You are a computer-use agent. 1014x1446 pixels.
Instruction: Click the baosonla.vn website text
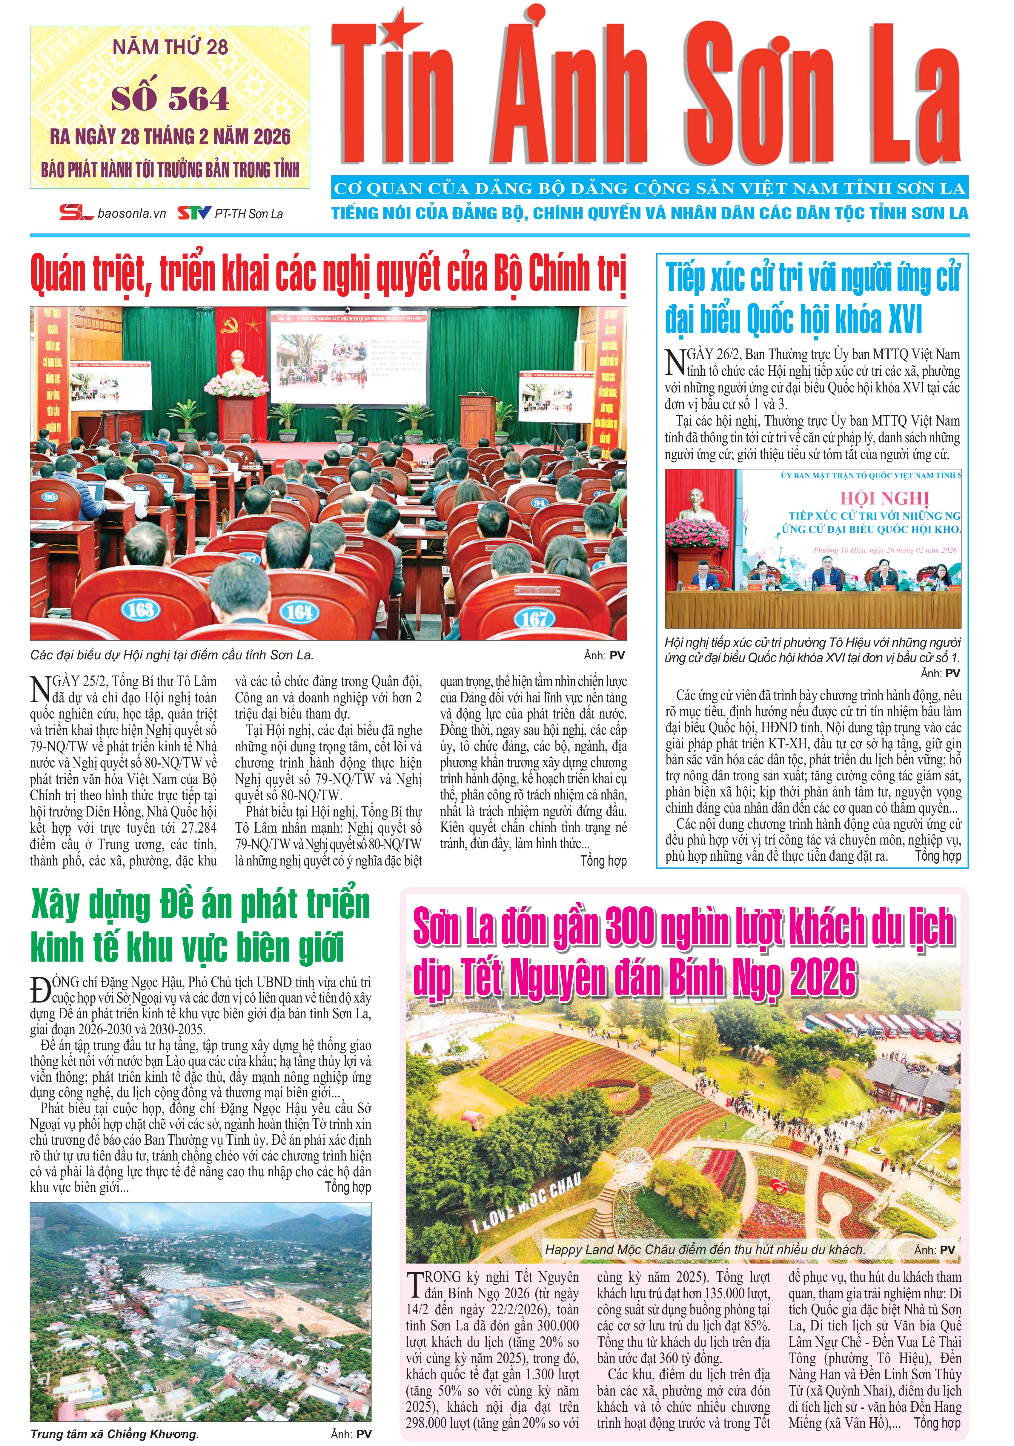click(x=132, y=214)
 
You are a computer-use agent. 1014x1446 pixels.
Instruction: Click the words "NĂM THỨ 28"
click(x=170, y=47)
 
